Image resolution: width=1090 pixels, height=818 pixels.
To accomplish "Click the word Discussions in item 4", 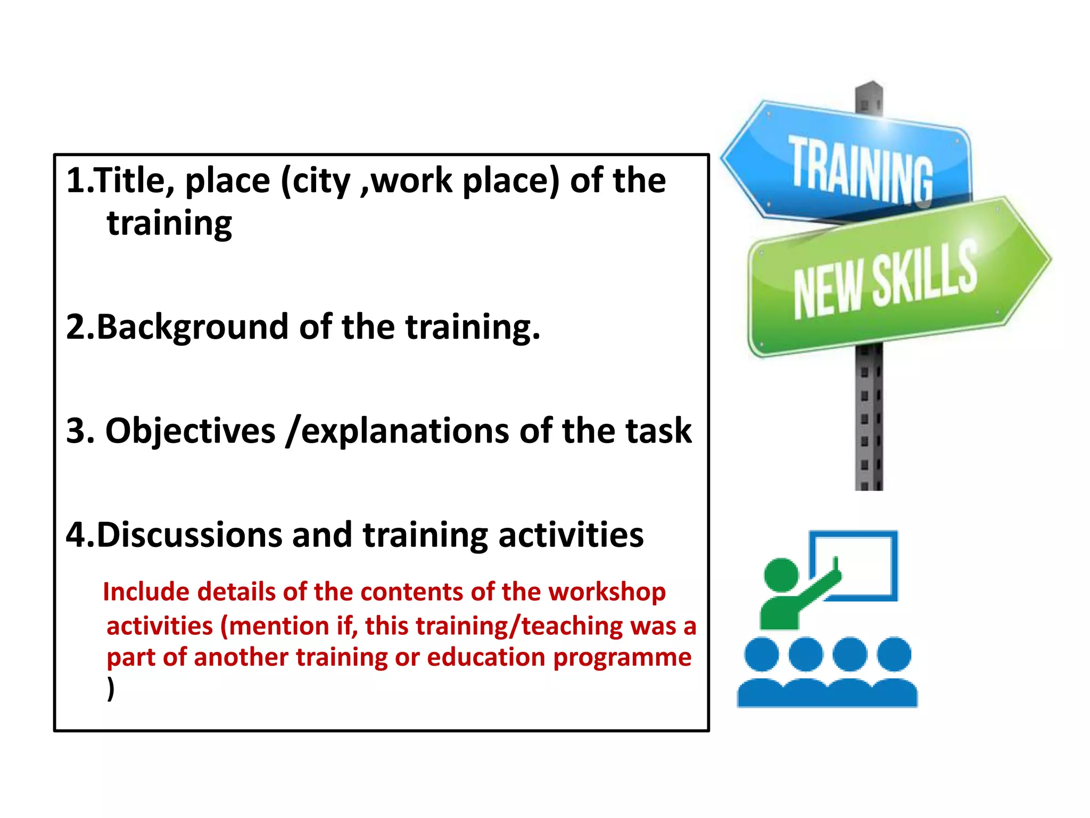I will click(189, 535).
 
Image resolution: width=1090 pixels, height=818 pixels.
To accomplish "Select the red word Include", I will click(146, 592).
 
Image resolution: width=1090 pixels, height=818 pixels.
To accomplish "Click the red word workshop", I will click(607, 592).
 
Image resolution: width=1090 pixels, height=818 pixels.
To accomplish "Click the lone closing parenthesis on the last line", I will click(111, 689).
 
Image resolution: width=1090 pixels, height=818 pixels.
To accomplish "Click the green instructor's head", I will click(781, 575).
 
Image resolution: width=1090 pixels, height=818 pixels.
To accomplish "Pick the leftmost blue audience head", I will click(761, 654).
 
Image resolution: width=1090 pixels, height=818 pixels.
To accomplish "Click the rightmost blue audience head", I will click(894, 654).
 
